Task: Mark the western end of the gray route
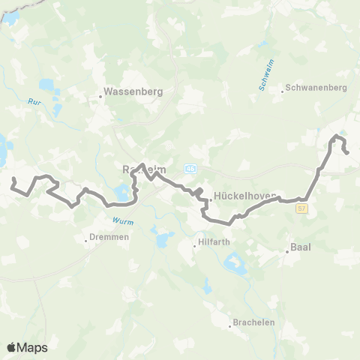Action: click(x=13, y=179)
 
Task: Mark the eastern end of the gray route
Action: click(x=348, y=153)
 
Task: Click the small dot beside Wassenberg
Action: click(x=100, y=96)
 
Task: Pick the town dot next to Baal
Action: click(x=288, y=252)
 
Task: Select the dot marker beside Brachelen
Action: click(x=232, y=326)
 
